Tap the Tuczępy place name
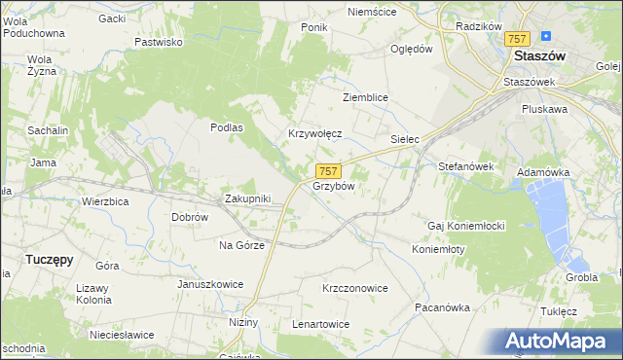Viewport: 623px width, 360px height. coord(49,260)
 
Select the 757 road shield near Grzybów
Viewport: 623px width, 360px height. coord(328,170)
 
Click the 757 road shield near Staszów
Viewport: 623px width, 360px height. coord(517,39)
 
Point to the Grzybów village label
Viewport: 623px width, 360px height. coord(333,185)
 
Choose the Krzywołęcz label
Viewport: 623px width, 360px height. coord(314,133)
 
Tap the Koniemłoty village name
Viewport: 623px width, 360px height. coord(438,248)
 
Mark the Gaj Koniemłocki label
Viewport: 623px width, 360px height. coord(465,226)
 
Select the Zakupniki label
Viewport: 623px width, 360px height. coord(247,198)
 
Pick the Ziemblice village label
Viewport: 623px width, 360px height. coord(366,98)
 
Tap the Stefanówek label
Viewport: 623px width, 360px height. coord(466,166)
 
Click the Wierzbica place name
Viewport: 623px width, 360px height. coord(105,201)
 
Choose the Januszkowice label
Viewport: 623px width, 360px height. coord(209,284)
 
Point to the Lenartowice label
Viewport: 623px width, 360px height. coord(320,323)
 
